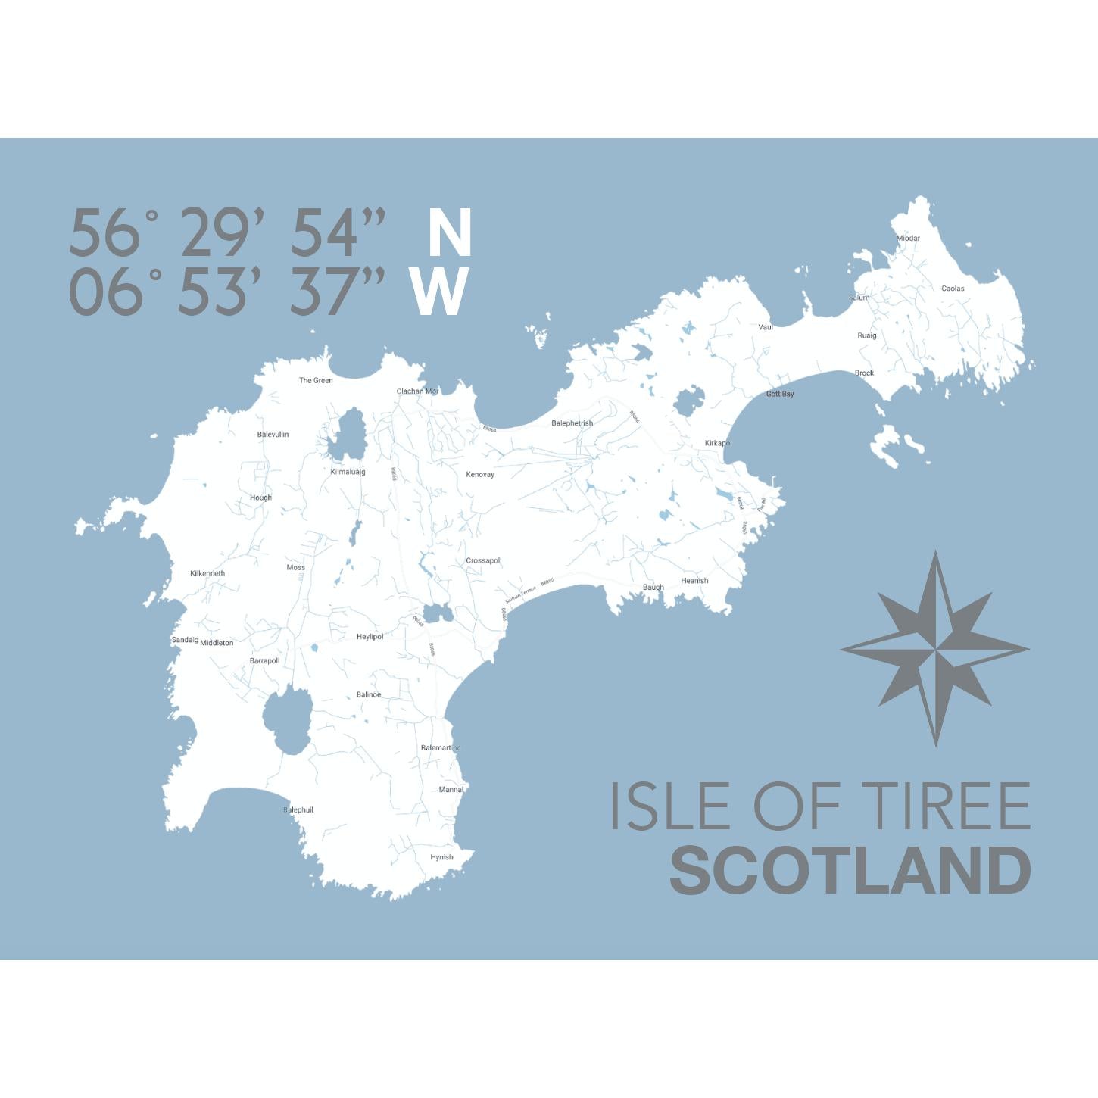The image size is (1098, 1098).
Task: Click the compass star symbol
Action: [935, 649]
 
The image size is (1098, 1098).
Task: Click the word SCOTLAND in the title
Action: [850, 870]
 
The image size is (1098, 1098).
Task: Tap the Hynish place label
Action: [441, 857]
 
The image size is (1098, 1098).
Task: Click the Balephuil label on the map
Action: [298, 809]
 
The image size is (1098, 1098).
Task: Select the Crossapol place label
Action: [483, 560]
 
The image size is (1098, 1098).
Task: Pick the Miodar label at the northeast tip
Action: [908, 238]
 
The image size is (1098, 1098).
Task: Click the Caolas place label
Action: [953, 288]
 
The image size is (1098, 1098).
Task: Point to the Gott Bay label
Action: [780, 394]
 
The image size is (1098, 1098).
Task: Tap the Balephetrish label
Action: [572, 423]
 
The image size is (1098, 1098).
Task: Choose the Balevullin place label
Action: [273, 434]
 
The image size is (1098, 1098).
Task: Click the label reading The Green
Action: [316, 380]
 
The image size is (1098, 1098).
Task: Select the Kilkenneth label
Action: [207, 573]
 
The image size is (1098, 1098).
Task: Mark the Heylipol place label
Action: [370, 637]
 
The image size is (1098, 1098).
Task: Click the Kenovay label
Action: [480, 474]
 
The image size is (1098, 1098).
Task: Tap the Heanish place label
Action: [694, 581]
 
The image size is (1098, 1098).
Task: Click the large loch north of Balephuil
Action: [286, 719]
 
